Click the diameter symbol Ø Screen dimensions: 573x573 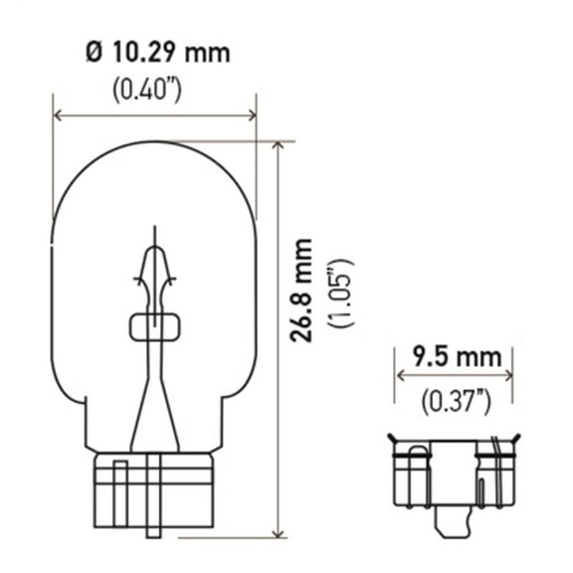tap(95, 52)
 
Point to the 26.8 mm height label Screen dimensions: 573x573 tap(303, 290)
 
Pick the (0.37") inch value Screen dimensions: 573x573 tap(455, 401)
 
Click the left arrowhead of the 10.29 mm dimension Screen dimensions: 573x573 tap(57, 116)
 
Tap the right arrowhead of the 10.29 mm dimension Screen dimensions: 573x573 tap(252, 116)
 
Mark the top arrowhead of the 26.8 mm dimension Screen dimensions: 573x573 tap(279, 146)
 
